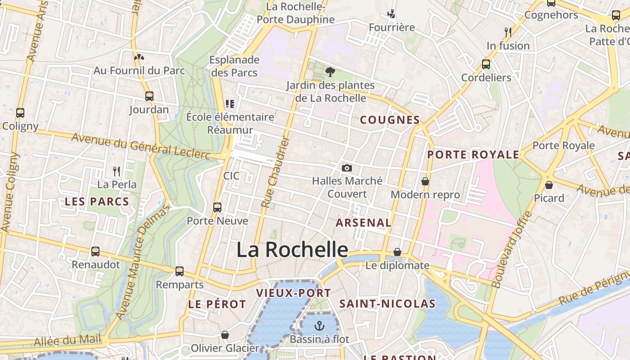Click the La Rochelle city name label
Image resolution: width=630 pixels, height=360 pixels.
(292, 250)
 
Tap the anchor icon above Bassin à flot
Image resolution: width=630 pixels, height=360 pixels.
(319, 325)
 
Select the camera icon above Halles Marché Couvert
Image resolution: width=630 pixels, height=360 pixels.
(346, 168)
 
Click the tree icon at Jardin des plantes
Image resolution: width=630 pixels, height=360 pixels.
(330, 72)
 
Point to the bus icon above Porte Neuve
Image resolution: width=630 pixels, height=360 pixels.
(217, 207)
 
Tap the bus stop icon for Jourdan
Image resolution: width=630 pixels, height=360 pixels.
(149, 96)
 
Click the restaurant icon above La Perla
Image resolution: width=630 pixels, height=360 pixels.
(117, 171)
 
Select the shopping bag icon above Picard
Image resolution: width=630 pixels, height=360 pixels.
(549, 184)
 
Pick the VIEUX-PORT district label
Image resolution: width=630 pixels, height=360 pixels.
(293, 293)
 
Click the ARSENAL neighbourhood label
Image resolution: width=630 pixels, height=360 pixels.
(364, 222)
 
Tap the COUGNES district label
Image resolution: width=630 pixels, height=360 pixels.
(390, 120)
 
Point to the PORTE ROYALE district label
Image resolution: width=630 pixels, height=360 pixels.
(473, 155)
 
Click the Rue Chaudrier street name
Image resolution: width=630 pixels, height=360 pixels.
(274, 173)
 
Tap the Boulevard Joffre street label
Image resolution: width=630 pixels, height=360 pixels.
(512, 250)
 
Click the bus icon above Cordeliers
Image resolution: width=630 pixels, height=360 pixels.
(486, 64)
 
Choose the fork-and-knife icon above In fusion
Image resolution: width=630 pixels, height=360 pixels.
(508, 32)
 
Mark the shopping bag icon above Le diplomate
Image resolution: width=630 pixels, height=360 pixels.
(397, 252)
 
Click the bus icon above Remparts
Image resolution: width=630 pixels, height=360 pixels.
(180, 271)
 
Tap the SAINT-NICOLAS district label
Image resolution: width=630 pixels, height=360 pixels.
(387, 304)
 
